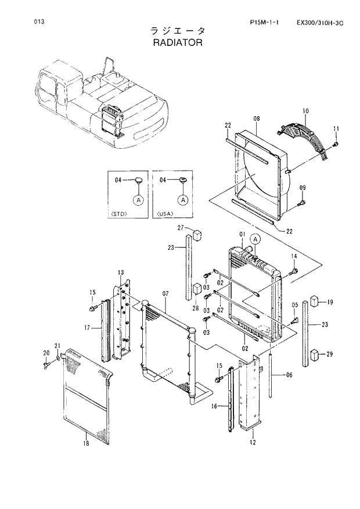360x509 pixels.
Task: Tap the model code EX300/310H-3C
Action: [x=319, y=23]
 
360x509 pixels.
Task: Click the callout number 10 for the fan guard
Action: [x=305, y=110]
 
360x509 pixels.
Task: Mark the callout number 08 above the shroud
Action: [x=256, y=119]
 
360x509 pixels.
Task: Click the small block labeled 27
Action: [x=196, y=234]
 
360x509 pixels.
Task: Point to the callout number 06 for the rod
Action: [x=289, y=375]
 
